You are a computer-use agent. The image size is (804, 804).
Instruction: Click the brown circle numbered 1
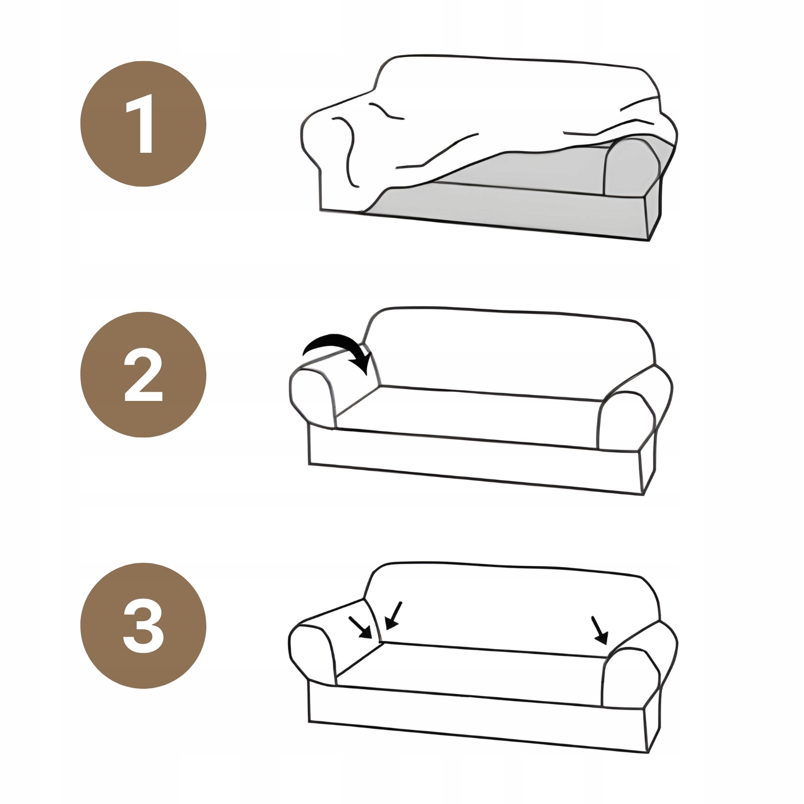coord(143,124)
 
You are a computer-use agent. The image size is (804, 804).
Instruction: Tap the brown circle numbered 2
coord(143,375)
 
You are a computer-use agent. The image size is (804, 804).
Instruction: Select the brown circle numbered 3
coord(143,626)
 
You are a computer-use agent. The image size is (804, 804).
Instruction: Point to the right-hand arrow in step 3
coord(599,630)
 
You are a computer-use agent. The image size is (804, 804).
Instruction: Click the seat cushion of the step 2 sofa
coord(466,415)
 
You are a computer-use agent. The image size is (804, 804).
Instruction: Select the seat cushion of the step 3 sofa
coord(469,670)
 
